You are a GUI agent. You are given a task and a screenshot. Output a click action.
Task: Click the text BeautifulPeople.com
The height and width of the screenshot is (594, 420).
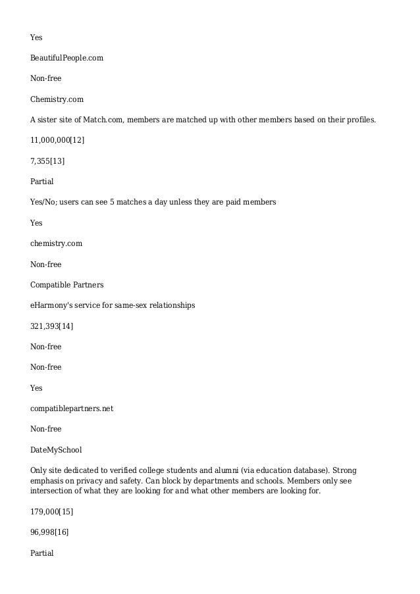pos(66,58)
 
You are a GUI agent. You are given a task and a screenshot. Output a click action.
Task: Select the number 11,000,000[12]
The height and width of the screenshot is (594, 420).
pos(57,140)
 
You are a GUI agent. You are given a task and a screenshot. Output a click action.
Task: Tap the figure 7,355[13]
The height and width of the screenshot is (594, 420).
pos(47,161)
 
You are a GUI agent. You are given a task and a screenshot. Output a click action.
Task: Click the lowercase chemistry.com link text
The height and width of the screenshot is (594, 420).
pos(56,243)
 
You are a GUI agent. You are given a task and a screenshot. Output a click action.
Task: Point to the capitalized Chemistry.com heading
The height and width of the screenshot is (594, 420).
pos(57,99)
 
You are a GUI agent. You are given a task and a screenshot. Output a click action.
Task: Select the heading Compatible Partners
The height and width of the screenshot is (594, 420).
pos(66,285)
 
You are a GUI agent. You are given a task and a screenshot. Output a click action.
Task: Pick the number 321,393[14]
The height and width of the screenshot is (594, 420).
pos(51,326)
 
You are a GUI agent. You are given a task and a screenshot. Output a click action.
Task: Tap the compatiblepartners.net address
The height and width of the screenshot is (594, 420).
pos(72,408)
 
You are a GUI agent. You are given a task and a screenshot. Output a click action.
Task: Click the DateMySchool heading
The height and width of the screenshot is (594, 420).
pos(56,450)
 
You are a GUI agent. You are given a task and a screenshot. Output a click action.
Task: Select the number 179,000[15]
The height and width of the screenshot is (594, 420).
pos(51,511)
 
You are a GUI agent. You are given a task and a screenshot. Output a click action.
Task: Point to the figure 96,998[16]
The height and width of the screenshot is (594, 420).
pos(49,532)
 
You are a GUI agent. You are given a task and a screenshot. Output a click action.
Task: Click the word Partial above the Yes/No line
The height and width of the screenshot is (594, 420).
pos(41,182)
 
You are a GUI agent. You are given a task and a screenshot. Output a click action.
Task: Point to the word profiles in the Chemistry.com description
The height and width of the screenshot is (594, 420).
pos(359,120)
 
